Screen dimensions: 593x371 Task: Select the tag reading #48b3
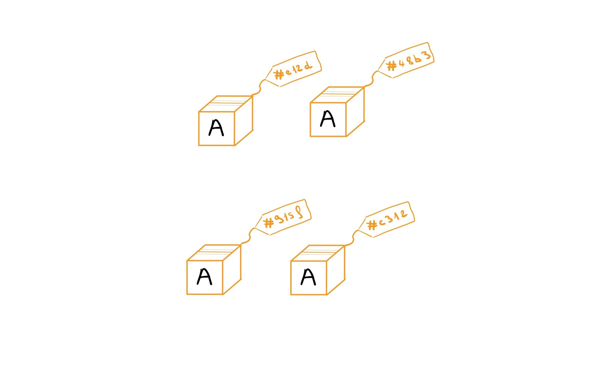pos(407,60)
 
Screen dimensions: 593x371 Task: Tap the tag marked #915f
pos(284,217)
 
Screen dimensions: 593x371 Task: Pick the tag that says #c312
pos(387,220)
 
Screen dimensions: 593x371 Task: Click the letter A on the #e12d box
pos(216,128)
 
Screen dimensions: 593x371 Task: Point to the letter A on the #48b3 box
pos(328,119)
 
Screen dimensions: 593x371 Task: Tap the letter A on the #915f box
pos(205,277)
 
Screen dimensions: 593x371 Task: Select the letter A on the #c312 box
pos(308,277)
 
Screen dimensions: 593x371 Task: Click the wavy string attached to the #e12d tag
pos(259,87)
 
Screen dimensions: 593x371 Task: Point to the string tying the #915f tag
pos(249,236)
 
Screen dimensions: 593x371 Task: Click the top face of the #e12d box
pos(226,104)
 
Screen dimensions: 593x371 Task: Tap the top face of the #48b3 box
pos(337,95)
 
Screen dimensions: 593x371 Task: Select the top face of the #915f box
pos(214,253)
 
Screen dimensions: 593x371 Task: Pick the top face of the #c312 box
pos(318,253)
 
